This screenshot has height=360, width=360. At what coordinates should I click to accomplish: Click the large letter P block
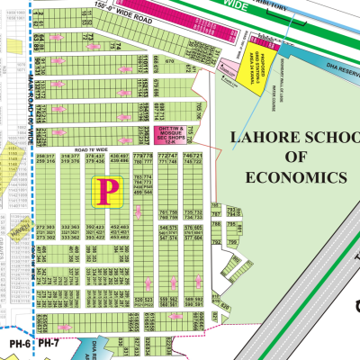click(108, 189)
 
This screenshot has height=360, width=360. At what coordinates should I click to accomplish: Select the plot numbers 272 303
click(46, 226)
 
